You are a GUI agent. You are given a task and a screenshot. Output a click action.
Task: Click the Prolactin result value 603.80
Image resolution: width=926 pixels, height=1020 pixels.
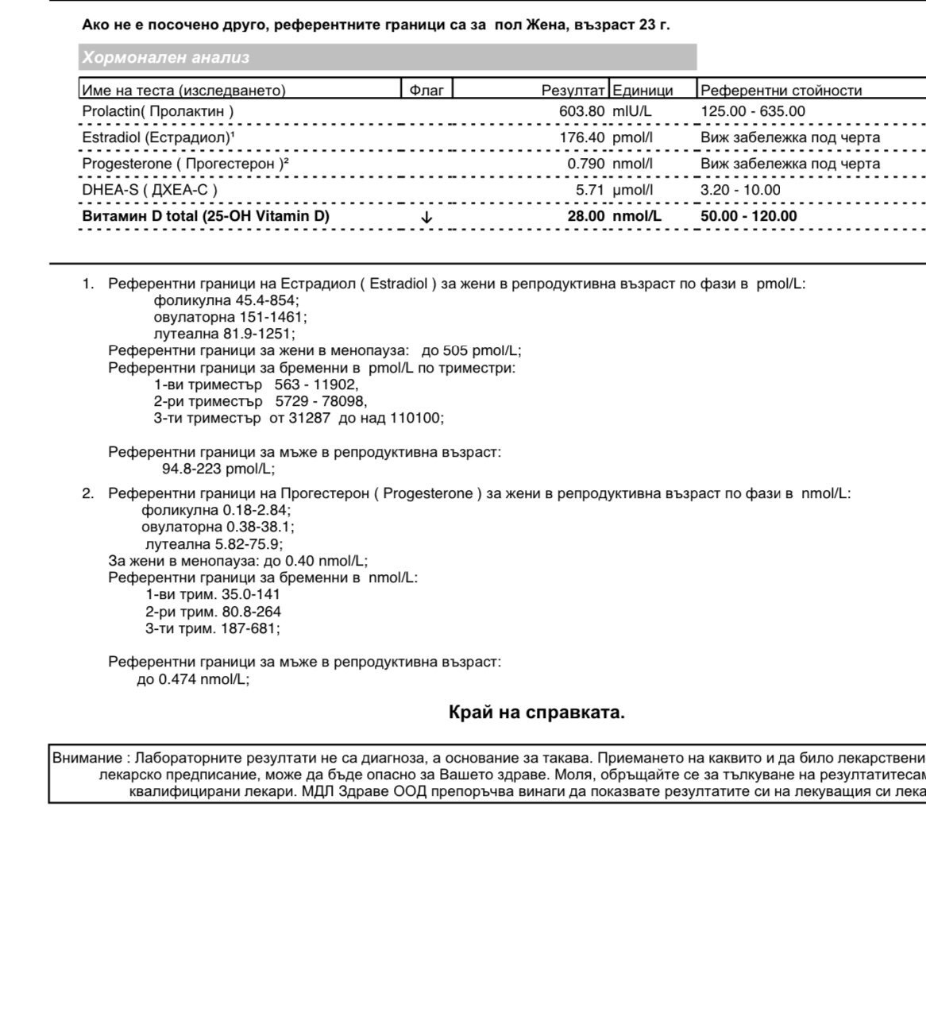pos(581,111)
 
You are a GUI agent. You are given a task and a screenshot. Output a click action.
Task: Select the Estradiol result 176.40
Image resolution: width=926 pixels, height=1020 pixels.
pos(581,137)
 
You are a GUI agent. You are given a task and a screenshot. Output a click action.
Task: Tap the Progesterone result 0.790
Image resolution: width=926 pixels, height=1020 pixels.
pos(585,164)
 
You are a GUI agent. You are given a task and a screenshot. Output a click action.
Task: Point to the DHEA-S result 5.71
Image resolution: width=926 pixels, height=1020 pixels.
pos(590,190)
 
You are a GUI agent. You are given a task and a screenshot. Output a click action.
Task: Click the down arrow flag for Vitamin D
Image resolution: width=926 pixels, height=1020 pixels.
pos(426,216)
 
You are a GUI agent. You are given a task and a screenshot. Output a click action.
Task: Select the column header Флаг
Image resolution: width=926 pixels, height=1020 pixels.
pos(426,91)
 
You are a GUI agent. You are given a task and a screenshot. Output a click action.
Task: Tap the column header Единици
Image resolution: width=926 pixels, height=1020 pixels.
pos(642,91)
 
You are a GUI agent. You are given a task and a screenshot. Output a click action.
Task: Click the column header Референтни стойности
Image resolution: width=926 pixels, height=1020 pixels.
pos(781,91)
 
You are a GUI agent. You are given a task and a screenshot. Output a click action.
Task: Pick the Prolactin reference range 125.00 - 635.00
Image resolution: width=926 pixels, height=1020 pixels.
pos(752,111)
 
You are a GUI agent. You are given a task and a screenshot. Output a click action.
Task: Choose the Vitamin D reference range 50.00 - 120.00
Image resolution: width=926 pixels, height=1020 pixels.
pos(748,216)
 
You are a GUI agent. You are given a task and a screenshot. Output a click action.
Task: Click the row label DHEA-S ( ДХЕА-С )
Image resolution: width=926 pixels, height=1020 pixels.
pos(149,190)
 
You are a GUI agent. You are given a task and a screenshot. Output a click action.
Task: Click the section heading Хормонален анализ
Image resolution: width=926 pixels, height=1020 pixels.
pos(165,57)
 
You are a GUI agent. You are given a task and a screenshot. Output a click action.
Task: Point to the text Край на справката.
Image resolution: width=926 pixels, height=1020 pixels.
pos(537,713)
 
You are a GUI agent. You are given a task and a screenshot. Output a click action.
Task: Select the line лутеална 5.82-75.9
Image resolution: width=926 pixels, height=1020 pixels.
pos(214,544)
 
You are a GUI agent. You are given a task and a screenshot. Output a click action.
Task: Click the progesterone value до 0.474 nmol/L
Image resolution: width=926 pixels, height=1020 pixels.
pos(193,679)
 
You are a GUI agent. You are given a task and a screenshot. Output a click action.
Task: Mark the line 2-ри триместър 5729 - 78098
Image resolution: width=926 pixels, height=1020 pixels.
pos(260,401)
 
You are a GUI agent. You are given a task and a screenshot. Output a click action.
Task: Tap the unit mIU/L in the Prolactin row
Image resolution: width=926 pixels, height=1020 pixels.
pos(631,111)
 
